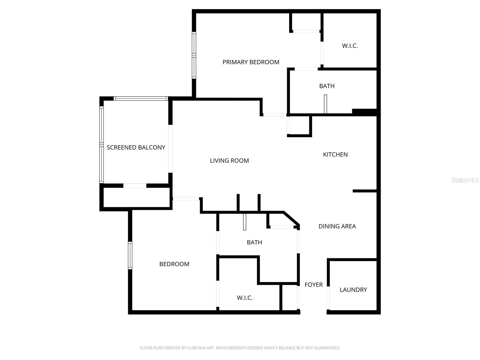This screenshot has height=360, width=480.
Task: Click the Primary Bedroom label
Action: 251,62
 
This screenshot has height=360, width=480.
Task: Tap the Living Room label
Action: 229,161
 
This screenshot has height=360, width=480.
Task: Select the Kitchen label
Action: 335,154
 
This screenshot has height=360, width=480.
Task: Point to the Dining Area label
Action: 337,226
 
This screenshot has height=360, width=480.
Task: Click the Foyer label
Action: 313,285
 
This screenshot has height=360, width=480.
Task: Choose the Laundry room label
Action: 353,290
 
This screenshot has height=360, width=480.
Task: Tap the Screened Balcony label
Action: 136,148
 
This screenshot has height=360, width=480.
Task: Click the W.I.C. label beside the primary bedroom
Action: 349,46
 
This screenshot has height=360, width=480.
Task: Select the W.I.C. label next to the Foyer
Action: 244,298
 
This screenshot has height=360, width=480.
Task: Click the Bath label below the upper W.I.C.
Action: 327,86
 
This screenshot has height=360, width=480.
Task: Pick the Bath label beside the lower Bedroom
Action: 254,242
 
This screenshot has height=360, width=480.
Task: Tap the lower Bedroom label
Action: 174,264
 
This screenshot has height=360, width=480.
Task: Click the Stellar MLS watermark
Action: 465,180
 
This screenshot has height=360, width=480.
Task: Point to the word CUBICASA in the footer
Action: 196,348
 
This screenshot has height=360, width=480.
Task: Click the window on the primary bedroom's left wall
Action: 194,55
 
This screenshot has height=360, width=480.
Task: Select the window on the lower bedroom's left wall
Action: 130,256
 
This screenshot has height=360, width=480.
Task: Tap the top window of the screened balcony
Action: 140,98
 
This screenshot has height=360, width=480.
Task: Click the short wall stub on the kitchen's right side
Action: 364,191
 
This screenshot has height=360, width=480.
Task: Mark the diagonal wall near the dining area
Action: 291,218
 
